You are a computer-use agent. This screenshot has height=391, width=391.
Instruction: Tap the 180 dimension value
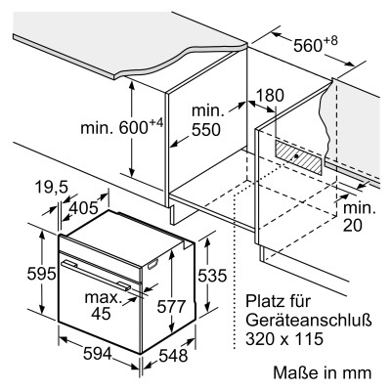tap(270, 96)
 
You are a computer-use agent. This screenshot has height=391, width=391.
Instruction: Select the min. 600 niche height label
tap(121, 126)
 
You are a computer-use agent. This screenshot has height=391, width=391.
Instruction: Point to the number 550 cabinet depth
tap(206, 130)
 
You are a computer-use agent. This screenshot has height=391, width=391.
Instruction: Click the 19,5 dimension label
tap(51, 188)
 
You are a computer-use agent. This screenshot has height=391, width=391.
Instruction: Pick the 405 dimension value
tap(84, 207)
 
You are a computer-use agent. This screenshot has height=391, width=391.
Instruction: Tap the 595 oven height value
tap(41, 274)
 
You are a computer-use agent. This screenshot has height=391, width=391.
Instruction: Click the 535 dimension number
tap(212, 276)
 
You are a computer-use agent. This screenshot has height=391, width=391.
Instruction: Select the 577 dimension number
tap(171, 306)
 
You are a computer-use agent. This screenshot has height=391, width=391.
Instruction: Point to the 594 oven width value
tap(98, 354)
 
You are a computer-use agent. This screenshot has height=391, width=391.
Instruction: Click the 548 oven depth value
tap(173, 356)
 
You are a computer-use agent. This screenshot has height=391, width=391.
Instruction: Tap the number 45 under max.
tap(101, 314)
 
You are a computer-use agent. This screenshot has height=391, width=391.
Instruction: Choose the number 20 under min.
tap(353, 226)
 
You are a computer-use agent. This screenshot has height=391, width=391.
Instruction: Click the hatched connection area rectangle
tap(298, 156)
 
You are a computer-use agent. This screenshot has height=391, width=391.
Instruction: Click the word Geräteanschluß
tap(309, 321)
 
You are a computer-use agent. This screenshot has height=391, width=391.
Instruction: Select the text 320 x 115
tap(284, 338)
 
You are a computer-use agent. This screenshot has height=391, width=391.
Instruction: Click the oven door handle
tap(96, 275)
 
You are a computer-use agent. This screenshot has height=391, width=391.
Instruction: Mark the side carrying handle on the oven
tap(152, 265)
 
